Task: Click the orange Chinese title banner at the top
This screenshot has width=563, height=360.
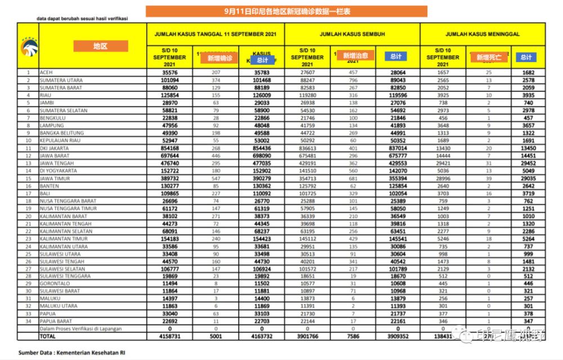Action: coord(286,11)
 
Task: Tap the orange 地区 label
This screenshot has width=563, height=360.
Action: coord(100,46)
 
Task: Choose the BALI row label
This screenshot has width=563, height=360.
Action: coord(45,193)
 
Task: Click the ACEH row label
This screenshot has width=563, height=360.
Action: coord(46,73)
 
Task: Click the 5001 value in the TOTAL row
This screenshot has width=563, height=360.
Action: coord(216,336)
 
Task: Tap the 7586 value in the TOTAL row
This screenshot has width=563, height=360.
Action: coord(354,336)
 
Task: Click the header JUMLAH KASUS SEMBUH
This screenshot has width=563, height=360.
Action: coord(352,34)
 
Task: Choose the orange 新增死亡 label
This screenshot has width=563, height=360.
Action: coord(489,57)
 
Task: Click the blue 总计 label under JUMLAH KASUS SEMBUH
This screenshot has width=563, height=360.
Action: coord(396,56)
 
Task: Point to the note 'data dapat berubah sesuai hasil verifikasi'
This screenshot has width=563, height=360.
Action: coord(82,19)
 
